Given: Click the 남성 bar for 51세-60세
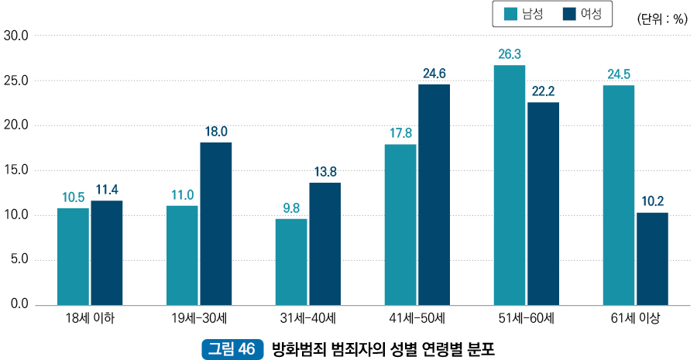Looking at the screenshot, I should click(509, 185).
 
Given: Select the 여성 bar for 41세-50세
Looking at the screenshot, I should click(434, 194).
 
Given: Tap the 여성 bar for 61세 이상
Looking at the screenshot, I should click(652, 259).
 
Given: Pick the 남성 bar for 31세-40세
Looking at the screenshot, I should click(291, 262).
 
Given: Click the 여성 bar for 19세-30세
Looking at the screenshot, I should click(216, 224).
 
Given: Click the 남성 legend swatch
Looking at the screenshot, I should click(511, 14).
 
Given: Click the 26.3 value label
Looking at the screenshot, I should click(509, 54).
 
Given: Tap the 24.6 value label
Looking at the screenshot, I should click(434, 74).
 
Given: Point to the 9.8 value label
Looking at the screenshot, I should click(291, 207).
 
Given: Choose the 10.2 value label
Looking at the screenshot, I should click(652, 201).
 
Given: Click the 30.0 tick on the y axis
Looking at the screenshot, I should click(15, 36).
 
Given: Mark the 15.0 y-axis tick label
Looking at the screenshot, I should click(15, 170).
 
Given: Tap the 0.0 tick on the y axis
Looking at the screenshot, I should click(19, 304).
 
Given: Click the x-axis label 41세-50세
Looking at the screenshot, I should click(417, 318).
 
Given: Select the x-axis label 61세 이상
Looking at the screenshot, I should click(635, 318).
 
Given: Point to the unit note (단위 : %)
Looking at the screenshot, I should click(662, 19).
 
